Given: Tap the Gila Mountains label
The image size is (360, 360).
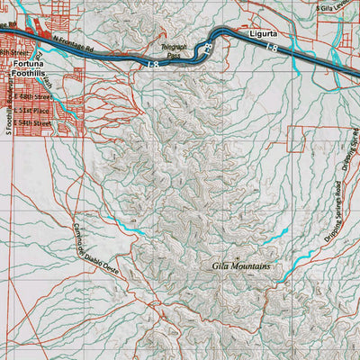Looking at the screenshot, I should (240, 266).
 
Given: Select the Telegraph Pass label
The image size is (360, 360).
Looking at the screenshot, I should (174, 49).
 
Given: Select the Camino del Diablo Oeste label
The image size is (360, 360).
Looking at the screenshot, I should (96, 247).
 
